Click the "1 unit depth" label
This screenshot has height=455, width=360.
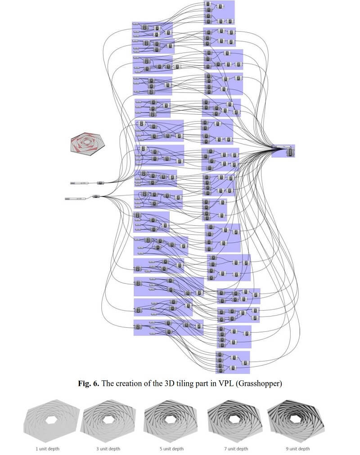[47, 449]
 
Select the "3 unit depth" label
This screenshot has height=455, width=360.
[108, 449]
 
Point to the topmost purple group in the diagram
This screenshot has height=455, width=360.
[219, 13]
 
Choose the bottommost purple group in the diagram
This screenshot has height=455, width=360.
[232, 362]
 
